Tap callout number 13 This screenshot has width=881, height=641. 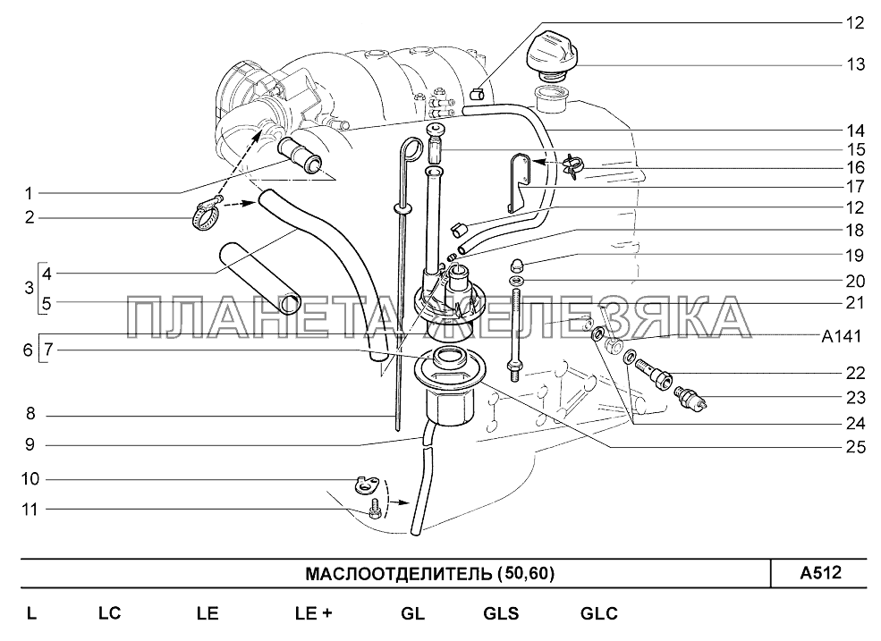click(855, 64)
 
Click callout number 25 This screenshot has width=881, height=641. click(856, 447)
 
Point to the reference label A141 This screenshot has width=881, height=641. click(841, 336)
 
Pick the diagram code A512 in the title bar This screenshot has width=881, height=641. click(821, 572)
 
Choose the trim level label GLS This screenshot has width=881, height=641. click(501, 613)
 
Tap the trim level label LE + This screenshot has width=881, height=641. click(314, 613)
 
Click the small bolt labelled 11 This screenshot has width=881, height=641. click(373, 509)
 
